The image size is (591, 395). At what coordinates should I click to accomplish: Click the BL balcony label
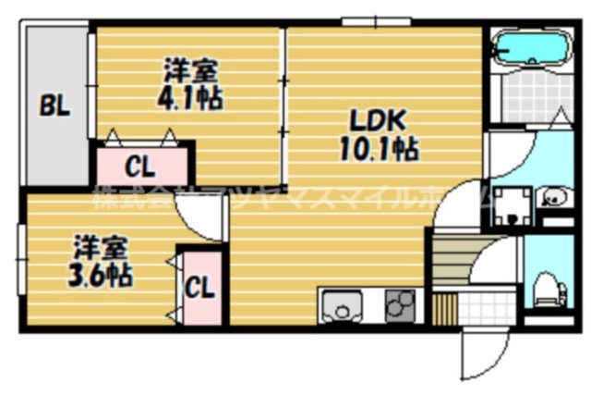pyautogui.click(x=54, y=107)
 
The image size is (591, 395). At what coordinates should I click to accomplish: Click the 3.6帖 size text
pyautogui.click(x=101, y=274)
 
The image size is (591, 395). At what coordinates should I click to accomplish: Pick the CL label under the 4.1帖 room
pyautogui.click(x=140, y=167)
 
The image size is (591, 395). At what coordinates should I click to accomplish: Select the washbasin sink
pyautogui.click(x=553, y=197)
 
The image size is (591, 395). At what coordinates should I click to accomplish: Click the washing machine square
pyautogui.click(x=510, y=206)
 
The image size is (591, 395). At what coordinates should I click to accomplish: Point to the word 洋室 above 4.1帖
pyautogui.click(x=192, y=69)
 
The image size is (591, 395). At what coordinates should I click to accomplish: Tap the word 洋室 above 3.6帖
pyautogui.click(x=101, y=247)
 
